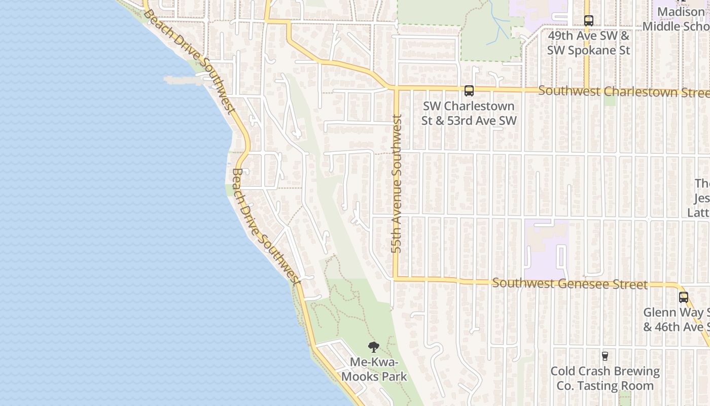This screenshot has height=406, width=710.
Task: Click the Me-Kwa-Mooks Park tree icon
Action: [x=374, y=347]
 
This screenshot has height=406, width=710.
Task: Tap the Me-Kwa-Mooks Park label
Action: [x=374, y=369]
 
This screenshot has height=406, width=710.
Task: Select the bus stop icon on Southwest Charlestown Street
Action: [x=469, y=91]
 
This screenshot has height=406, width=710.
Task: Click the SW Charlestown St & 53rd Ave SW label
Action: [x=469, y=113]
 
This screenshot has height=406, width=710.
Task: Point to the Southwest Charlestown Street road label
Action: [x=624, y=92]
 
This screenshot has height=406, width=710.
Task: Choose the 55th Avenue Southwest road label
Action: [x=397, y=184]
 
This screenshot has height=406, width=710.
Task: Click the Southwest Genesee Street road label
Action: [x=570, y=284]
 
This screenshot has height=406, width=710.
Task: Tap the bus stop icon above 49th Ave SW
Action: [x=588, y=21]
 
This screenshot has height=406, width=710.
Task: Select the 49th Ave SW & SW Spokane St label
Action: [x=588, y=43]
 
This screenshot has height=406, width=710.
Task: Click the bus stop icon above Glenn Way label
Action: [x=684, y=297]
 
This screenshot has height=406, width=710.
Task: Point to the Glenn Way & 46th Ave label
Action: [x=677, y=320]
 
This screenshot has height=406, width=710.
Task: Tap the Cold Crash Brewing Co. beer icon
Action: [x=605, y=356]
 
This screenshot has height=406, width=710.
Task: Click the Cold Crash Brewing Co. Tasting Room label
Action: [x=605, y=379]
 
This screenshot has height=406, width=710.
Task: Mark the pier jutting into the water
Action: [x=183, y=80]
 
